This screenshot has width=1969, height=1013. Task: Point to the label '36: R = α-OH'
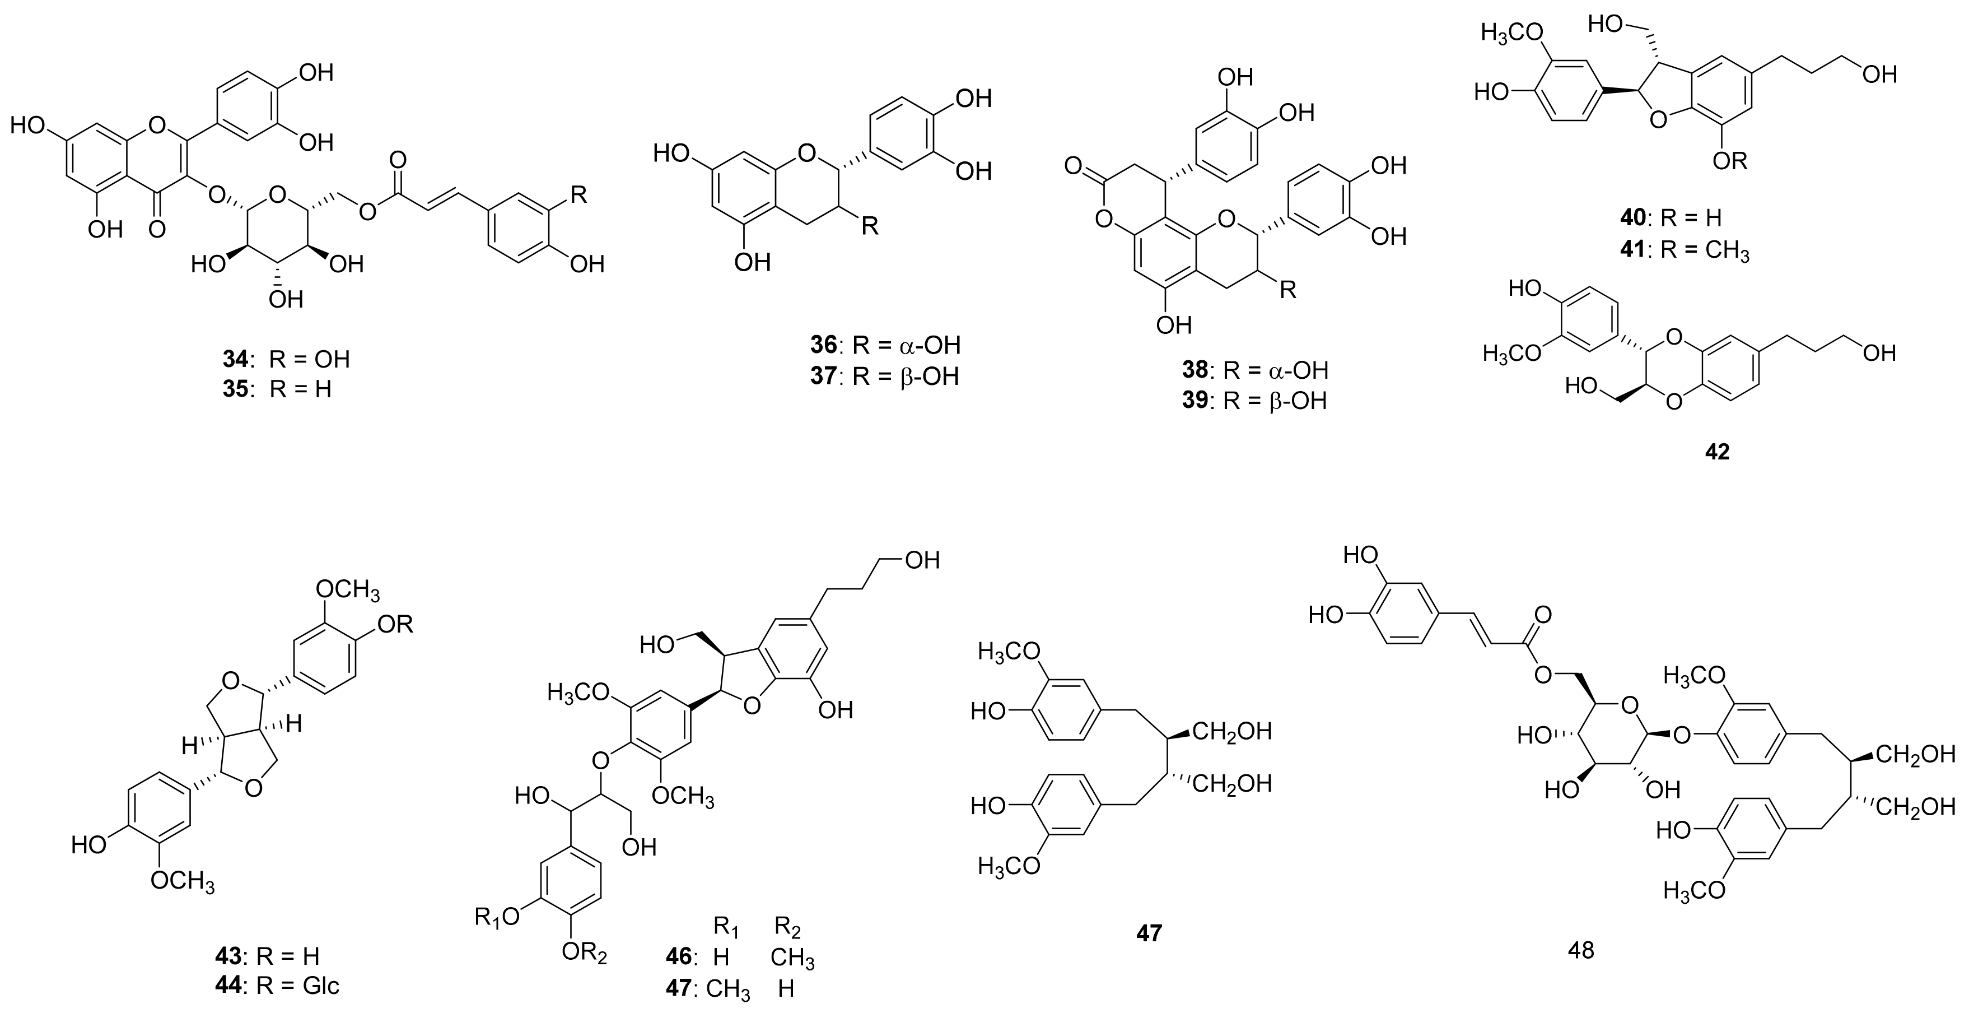point(885,346)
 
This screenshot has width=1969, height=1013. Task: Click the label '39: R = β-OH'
point(1254,401)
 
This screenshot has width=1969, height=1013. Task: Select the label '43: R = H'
point(267,956)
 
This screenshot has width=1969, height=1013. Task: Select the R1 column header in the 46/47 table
point(726,927)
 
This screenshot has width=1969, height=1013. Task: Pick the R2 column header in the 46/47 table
point(787,927)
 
